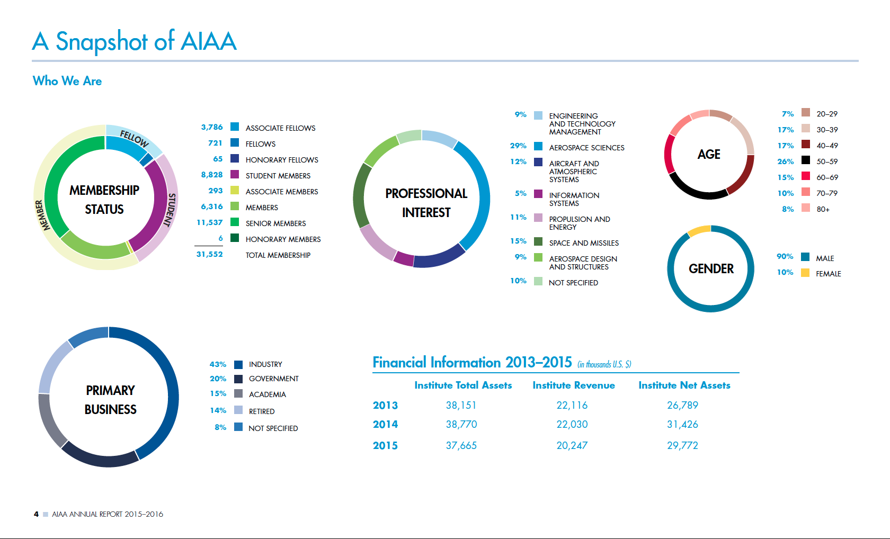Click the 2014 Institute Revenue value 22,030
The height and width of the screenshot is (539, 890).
(572, 425)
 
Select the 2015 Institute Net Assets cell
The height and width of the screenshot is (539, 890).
(682, 446)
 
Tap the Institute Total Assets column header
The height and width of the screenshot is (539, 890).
(463, 385)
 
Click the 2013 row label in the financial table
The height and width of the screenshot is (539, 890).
(385, 406)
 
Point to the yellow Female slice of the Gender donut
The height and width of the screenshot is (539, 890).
(699, 230)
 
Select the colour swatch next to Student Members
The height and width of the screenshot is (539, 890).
(235, 175)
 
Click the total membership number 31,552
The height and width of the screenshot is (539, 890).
(210, 255)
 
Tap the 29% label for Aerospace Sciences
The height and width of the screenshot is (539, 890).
(518, 146)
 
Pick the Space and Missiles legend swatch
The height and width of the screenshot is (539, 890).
(538, 242)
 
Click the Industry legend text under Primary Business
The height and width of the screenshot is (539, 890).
(265, 365)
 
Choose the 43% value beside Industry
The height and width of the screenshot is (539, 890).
(218, 365)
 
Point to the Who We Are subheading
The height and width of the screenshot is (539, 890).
(67, 81)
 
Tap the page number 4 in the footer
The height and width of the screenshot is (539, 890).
(36, 514)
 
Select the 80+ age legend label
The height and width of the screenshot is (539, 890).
(823, 210)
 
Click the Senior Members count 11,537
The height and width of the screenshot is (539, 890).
(210, 223)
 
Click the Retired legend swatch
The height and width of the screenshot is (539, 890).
(238, 410)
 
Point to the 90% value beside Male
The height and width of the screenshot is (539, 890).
(785, 257)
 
